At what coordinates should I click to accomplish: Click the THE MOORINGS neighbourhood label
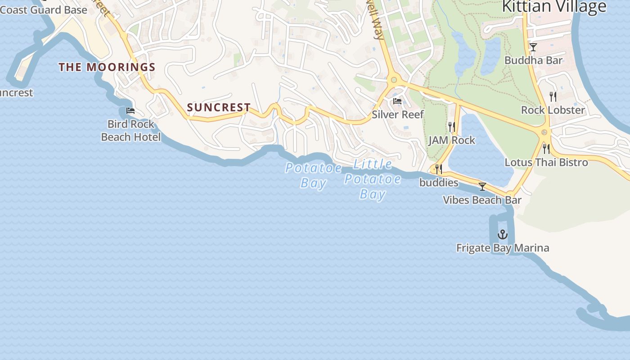[107, 67]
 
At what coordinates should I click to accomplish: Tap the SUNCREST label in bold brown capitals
[219, 108]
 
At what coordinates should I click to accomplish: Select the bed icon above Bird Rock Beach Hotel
[130, 111]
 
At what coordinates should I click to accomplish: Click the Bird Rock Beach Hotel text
[130, 130]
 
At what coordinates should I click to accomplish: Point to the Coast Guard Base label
[44, 9]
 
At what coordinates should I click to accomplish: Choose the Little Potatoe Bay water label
[373, 179]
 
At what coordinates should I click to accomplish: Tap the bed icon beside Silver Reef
[397, 101]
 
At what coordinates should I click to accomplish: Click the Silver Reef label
[398, 115]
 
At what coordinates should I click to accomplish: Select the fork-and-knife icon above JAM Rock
[452, 127]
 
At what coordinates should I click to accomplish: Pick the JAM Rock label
[452, 140]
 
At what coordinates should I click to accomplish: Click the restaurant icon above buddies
[438, 169]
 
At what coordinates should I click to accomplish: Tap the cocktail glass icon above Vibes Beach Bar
[482, 187]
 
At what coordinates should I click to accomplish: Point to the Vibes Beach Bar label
[482, 200]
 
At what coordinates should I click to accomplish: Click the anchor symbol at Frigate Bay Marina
[502, 234]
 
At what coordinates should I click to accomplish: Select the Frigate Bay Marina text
[503, 248]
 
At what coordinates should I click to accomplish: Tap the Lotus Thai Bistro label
[546, 162]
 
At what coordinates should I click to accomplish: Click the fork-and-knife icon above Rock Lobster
[553, 97]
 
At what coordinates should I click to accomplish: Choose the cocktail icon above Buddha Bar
[533, 47]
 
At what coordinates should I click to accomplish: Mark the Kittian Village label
[554, 7]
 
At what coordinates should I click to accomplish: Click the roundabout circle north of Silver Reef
[394, 80]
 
